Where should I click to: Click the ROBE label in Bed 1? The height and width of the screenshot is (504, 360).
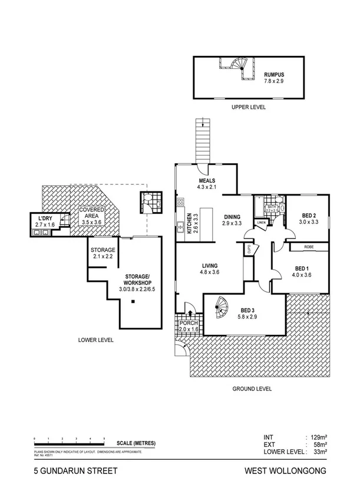click(x=308, y=247)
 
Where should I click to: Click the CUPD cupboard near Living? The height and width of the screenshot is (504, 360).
click(x=249, y=249)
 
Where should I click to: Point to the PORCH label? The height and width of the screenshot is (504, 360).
click(x=189, y=323)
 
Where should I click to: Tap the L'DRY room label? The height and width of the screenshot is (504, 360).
click(x=44, y=219)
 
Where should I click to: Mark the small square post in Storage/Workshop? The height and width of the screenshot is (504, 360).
click(x=134, y=302)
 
